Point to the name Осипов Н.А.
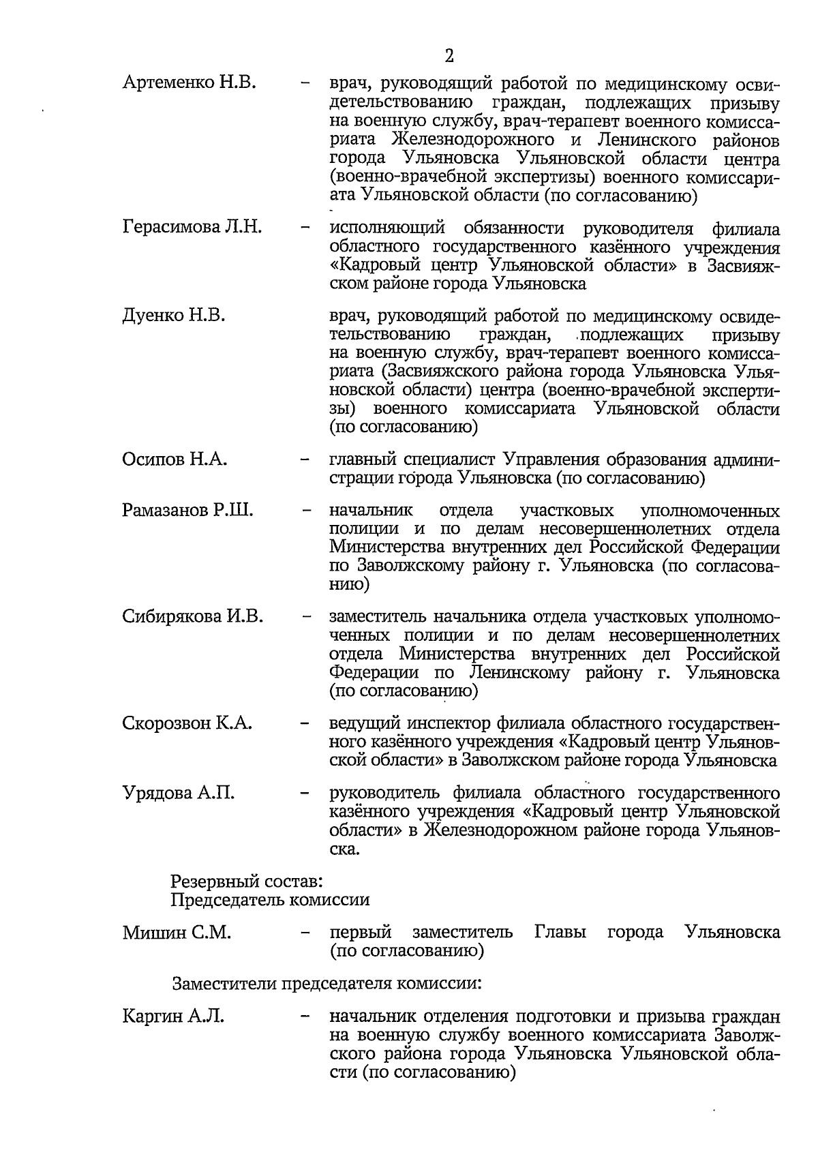click(175, 459)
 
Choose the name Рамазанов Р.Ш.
click(187, 511)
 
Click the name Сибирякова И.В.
click(192, 617)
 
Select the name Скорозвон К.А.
click(187, 723)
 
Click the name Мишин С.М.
click(177, 933)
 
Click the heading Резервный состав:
click(246, 881)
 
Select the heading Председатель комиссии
click(270, 900)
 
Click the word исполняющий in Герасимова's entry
click(387, 228)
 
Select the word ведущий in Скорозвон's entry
click(365, 723)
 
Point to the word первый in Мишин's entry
click(360, 933)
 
